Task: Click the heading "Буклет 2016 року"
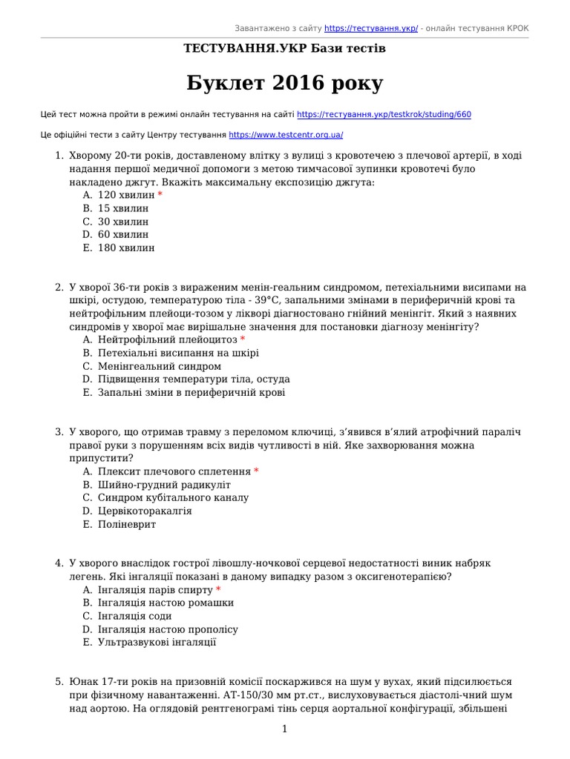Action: coord(284,83)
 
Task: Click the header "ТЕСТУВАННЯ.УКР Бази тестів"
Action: coord(284,48)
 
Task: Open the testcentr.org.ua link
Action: coord(286,136)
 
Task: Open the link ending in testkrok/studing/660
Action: coord(384,115)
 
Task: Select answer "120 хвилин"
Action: coord(126,195)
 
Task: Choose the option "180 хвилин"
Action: coord(126,248)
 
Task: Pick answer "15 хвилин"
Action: coord(123,208)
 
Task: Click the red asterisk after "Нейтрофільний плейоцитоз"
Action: coord(243,339)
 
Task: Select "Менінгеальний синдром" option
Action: coord(159,366)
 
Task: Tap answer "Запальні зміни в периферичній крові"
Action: coord(191,393)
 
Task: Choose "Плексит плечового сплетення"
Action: coord(174,471)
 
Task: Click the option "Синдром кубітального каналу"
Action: coord(173,498)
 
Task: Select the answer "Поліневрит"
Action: coord(127,525)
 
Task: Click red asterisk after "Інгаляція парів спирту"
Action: coord(218,590)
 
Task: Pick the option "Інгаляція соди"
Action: coord(134,616)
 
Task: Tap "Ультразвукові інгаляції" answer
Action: coord(157,643)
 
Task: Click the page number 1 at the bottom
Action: coord(284,729)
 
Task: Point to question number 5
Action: coord(59,681)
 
